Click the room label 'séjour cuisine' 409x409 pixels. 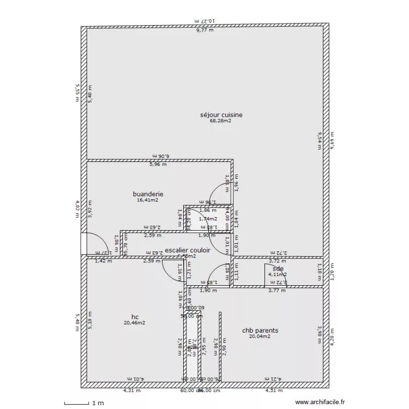tap(221, 115)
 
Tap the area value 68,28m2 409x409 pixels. tap(220, 122)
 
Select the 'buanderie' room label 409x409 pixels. tap(148, 194)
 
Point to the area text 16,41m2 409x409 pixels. tap(148, 200)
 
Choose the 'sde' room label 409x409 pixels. tap(278, 268)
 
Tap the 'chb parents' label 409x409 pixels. tap(260, 330)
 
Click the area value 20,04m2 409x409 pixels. tap(260, 337)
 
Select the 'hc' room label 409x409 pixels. tap(135, 316)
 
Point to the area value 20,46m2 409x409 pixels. tap(134, 323)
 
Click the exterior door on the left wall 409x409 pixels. tap(84, 244)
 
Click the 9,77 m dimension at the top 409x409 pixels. tap(205, 31)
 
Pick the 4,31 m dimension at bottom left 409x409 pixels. tap(131, 390)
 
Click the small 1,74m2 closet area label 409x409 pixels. tap(208, 219)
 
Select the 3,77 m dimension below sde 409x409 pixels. tap(276, 290)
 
